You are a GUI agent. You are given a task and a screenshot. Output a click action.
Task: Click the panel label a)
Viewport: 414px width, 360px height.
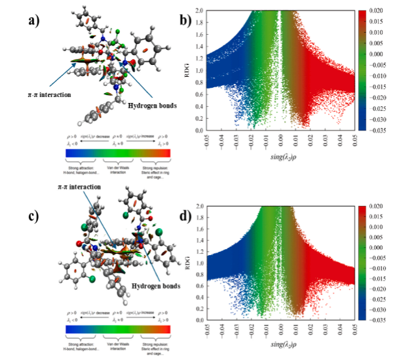pos(34,21)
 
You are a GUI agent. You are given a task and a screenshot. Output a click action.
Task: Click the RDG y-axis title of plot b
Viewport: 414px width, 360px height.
pos(191,70)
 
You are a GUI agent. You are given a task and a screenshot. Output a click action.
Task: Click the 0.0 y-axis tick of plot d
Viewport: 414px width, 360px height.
pos(202,321)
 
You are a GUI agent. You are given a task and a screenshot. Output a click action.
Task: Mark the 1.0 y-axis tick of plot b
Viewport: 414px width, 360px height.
pos(202,71)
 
